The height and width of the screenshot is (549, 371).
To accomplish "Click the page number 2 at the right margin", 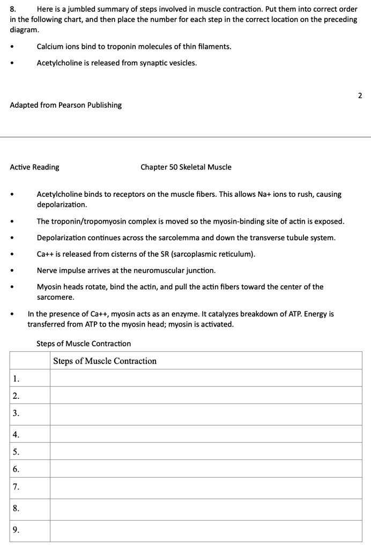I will pyautogui.click(x=360, y=96).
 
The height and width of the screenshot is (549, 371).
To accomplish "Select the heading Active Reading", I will pyautogui.click(x=34, y=167).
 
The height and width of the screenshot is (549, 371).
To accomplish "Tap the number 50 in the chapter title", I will pyautogui.click(x=174, y=167).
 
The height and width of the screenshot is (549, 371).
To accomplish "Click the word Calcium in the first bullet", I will pyautogui.click(x=50, y=47).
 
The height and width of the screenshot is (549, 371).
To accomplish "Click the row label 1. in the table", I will pyautogui.click(x=17, y=378).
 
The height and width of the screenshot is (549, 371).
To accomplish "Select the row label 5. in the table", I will pyautogui.click(x=17, y=451).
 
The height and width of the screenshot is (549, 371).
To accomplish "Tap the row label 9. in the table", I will pyautogui.click(x=17, y=530).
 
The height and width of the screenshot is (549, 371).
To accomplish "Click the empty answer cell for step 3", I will pyautogui.click(x=206, y=413).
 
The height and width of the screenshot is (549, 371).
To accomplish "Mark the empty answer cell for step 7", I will pyautogui.click(x=206, y=487).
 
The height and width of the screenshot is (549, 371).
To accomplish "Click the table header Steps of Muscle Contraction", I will pyautogui.click(x=105, y=361).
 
